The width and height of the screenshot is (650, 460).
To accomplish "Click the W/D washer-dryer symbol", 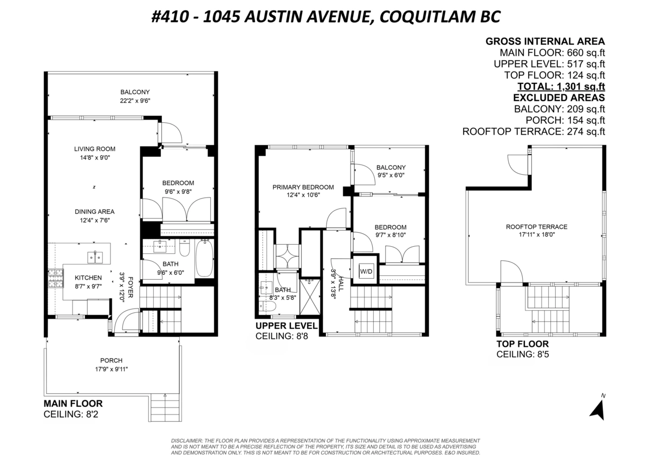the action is click(x=366, y=271).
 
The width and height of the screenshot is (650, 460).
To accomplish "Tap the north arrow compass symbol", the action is click(x=598, y=409).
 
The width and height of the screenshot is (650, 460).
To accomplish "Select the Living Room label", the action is click(x=95, y=149).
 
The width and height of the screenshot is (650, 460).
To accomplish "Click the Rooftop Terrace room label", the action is click(x=537, y=227).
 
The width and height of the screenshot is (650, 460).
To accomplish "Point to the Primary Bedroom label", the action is click(x=303, y=187).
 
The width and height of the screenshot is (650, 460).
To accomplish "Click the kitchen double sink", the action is click(x=95, y=257).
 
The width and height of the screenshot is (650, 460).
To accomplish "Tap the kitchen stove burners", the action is click(x=56, y=279).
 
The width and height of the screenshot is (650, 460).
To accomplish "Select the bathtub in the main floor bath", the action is click(x=205, y=258).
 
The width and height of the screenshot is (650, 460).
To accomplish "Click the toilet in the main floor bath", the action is click(x=185, y=248).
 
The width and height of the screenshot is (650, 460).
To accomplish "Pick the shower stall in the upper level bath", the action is click(x=310, y=297).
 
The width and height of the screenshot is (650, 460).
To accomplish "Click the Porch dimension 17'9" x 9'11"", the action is click(x=112, y=369).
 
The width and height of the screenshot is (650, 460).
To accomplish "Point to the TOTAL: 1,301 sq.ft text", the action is click(x=561, y=87).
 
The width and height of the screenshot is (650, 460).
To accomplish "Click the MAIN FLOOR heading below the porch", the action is click(x=73, y=404).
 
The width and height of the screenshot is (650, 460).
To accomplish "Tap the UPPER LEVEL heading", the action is click(x=287, y=325).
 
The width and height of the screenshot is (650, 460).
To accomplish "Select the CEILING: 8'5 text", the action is click(x=523, y=354).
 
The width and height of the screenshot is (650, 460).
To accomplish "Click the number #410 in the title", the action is click(x=170, y=17).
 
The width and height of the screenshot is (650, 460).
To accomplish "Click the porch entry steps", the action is click(x=165, y=408).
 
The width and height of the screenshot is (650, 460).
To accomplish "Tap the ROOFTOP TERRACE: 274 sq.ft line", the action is click(x=534, y=132).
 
